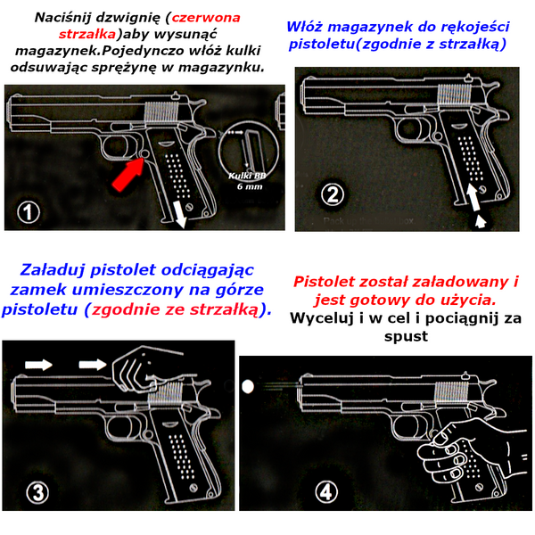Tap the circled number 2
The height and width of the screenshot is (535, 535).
(x=331, y=194)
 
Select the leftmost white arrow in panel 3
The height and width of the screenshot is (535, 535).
(x=37, y=364)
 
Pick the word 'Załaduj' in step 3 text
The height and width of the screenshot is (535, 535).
(x=56, y=269)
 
